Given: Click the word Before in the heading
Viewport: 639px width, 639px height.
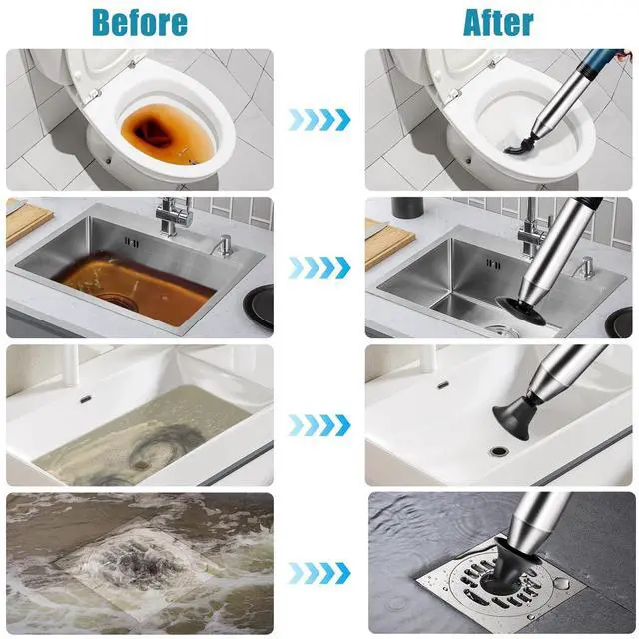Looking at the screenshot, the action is pyautogui.click(x=140, y=22).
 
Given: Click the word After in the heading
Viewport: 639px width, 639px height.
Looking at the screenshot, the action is pyautogui.click(x=498, y=22).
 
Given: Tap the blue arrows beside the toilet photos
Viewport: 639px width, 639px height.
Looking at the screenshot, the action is pyautogui.click(x=319, y=120).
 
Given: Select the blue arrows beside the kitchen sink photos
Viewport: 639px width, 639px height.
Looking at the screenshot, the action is pyautogui.click(x=319, y=268).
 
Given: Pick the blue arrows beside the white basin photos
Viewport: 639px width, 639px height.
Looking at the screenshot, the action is pyautogui.click(x=319, y=425).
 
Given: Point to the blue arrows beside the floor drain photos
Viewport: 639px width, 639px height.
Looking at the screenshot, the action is pyautogui.click(x=319, y=573).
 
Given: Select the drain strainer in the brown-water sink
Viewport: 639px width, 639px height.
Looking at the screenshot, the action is pyautogui.click(x=118, y=301).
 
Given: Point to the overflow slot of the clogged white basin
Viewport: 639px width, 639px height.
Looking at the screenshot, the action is pyautogui.click(x=86, y=399).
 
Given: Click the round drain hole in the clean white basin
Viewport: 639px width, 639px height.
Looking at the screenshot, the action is pyautogui.click(x=498, y=451).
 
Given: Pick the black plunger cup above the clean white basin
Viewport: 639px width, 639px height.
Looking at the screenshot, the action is pyautogui.click(x=511, y=411).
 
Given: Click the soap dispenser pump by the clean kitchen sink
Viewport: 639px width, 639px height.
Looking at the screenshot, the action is pyautogui.click(x=587, y=267).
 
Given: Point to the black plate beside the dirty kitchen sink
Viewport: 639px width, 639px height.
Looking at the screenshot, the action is pyautogui.click(x=260, y=307).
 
